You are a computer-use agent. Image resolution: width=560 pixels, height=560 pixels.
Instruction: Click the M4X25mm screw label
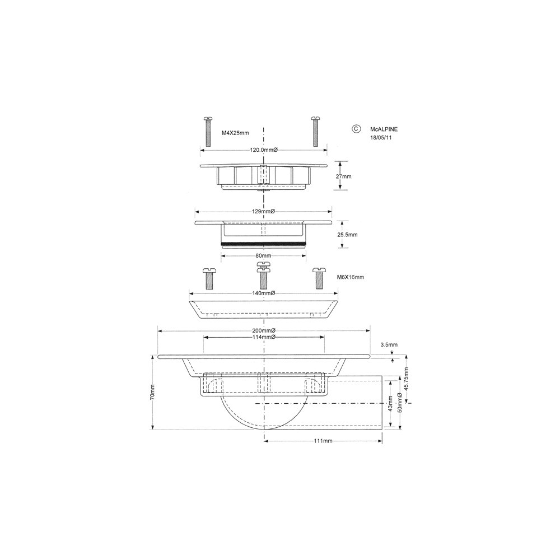tap(235, 133)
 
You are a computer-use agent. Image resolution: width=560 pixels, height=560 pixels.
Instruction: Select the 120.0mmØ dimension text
tap(264, 150)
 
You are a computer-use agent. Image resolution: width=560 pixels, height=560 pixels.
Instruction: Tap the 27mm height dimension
tap(344, 176)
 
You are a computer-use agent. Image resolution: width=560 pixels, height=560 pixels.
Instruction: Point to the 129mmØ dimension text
tap(263, 212)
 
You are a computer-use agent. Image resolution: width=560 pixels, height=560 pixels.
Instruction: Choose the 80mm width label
tap(264, 256)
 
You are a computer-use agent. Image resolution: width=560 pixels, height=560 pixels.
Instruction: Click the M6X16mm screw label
tap(351, 277)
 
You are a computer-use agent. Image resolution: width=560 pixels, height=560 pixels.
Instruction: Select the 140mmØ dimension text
tap(263, 293)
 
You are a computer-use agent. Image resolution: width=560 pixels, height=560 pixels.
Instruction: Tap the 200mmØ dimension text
tap(264, 331)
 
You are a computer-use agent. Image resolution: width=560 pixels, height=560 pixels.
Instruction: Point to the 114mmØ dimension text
tap(264, 337)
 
